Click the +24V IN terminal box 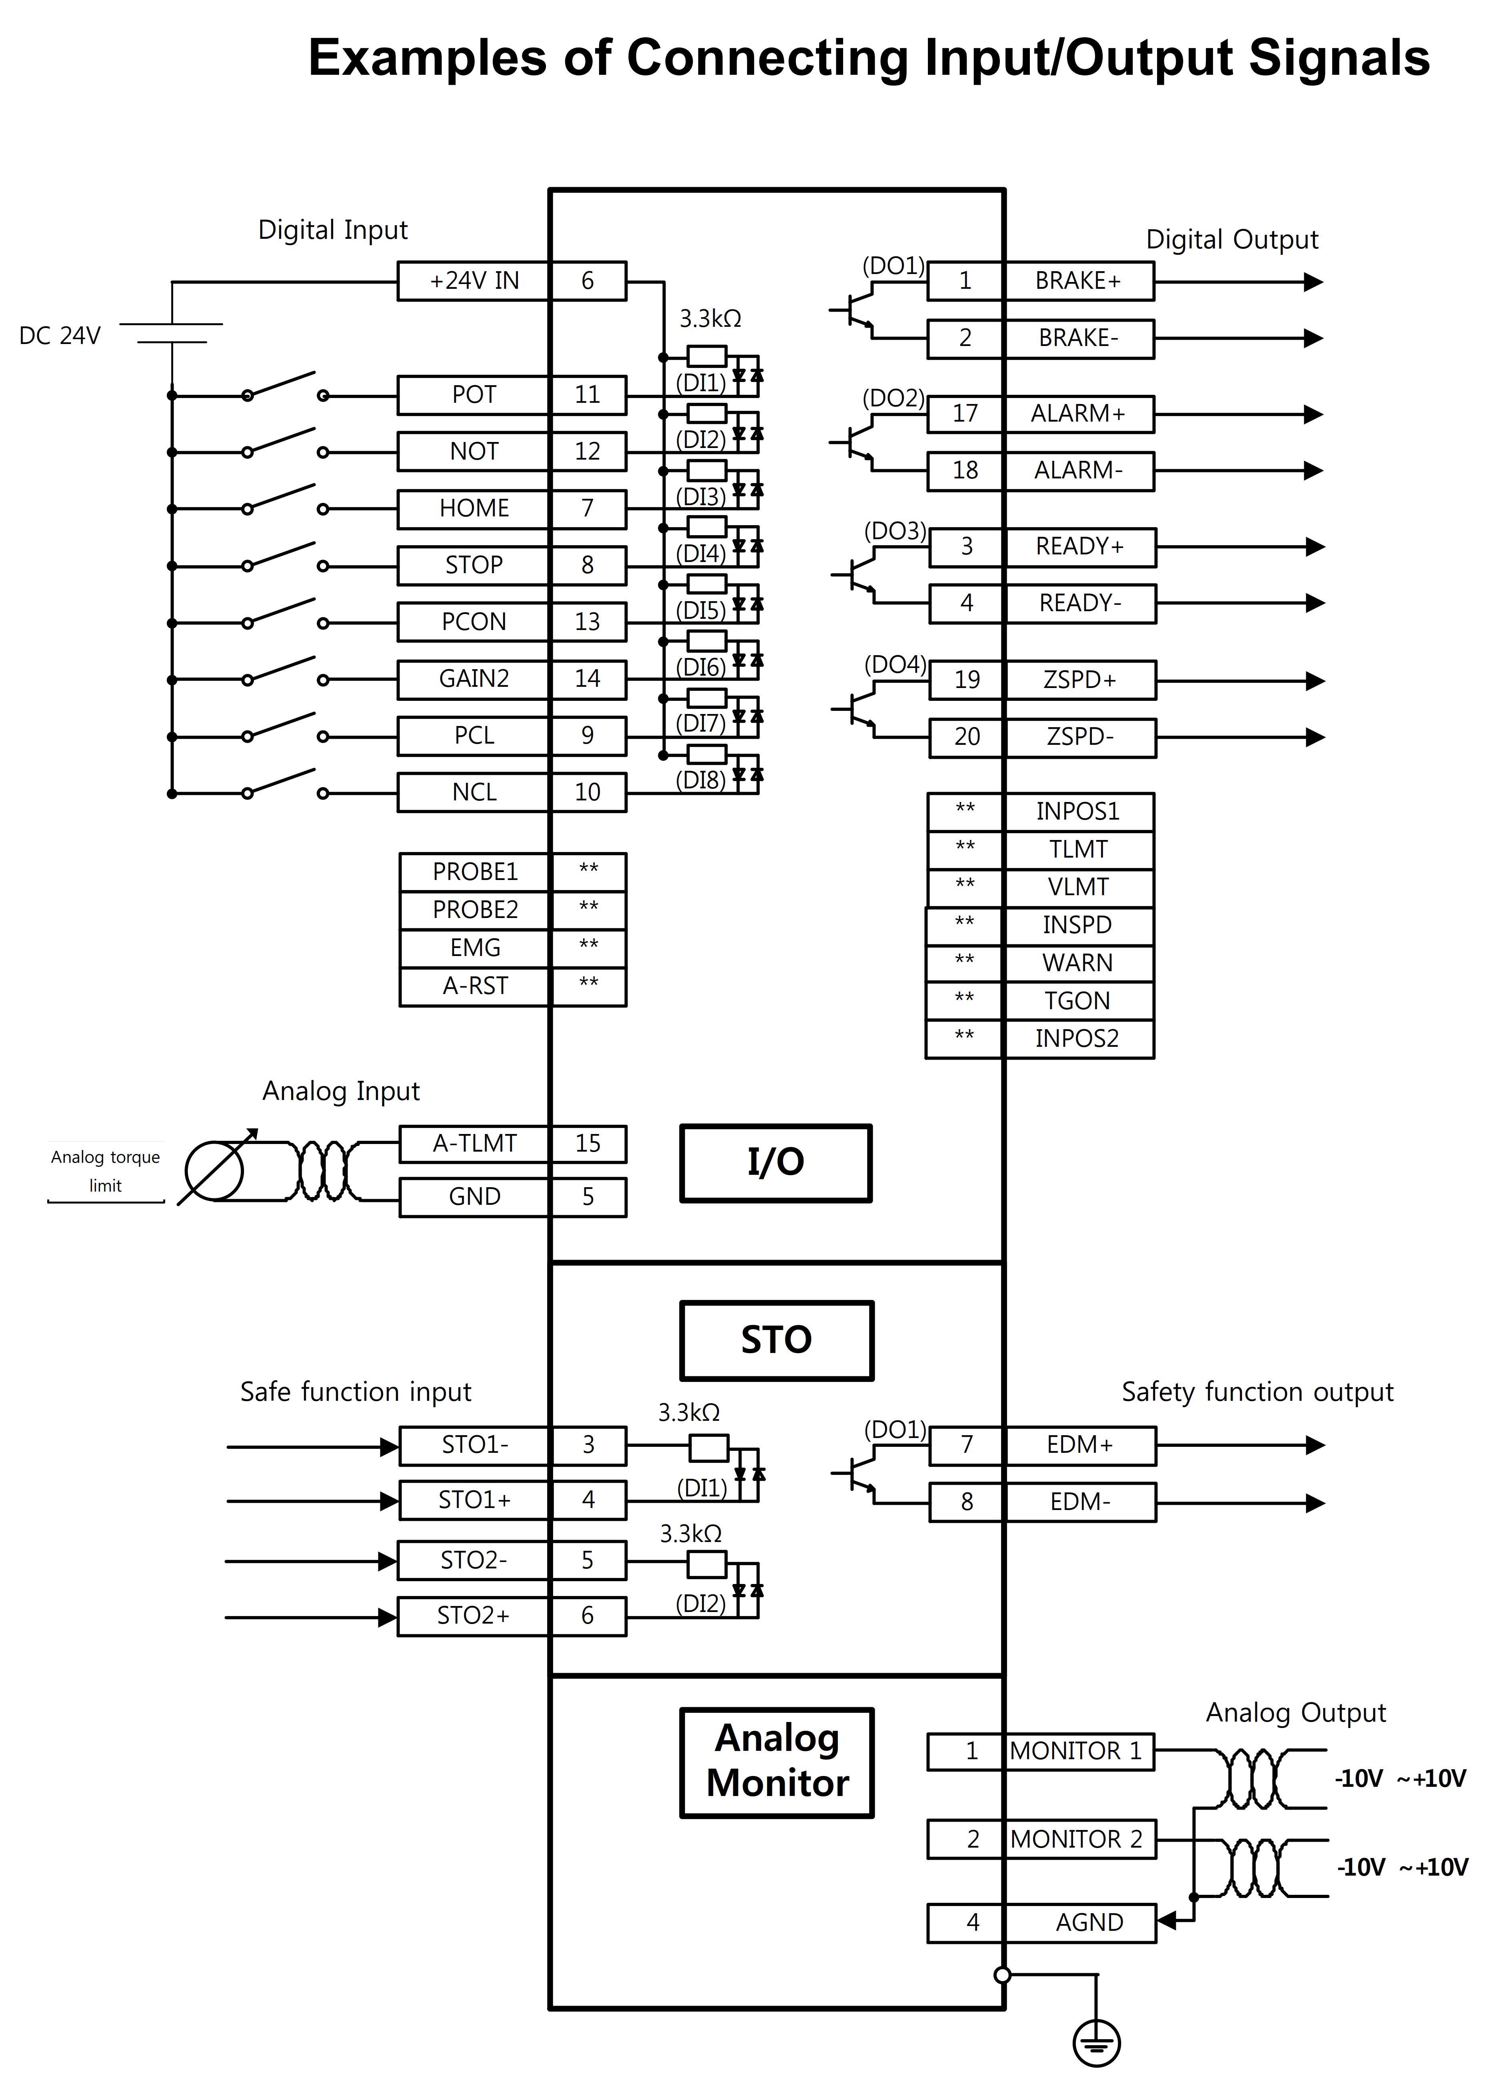click(x=474, y=281)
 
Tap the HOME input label click(x=474, y=508)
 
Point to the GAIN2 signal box click(x=474, y=679)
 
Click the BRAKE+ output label click(x=1078, y=281)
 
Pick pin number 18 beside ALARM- click(x=965, y=470)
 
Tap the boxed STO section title click(x=776, y=1340)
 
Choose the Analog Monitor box click(x=776, y=1762)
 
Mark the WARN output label click(x=1077, y=963)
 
